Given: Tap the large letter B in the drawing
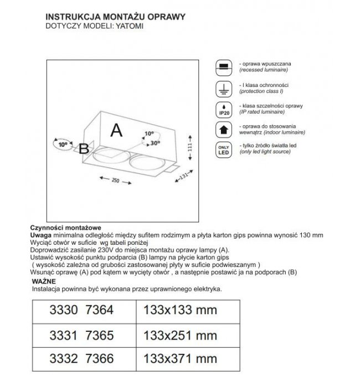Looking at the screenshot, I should pos(84,149).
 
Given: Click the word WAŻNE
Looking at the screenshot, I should pos(41,281).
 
